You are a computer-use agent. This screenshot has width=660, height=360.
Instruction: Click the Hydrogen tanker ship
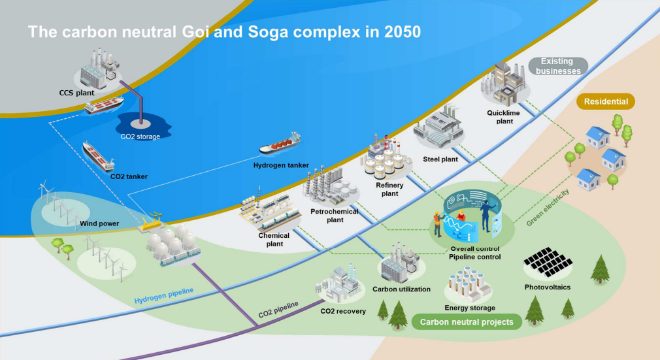click(280, 144)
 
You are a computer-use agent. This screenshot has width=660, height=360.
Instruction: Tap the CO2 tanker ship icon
click(98, 156)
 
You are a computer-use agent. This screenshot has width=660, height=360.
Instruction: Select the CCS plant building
click(99, 67)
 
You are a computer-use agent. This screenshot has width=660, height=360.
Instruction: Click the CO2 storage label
click(140, 137)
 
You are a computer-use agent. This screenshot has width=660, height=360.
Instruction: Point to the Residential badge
click(606, 101)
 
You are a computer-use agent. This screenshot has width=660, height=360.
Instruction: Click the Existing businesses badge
click(557, 67)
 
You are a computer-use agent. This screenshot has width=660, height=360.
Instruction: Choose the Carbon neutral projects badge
click(467, 322)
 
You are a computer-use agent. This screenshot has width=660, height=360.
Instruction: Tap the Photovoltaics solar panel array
click(548, 262)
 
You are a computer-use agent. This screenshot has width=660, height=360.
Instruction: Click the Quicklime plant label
click(504, 117)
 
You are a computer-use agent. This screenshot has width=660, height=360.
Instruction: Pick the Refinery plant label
click(389, 189)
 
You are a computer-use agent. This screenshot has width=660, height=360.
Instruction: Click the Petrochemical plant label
click(335, 216)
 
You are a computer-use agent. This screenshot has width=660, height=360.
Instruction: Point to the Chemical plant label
click(274, 240)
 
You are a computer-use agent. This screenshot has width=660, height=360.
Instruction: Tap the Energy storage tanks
click(469, 284)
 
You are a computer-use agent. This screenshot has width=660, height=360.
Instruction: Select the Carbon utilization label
click(402, 289)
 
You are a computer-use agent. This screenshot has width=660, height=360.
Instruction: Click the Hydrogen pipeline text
click(164, 295)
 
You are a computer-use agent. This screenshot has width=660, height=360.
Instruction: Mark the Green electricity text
click(548, 207)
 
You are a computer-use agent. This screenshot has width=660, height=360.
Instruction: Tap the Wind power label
click(99, 223)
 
